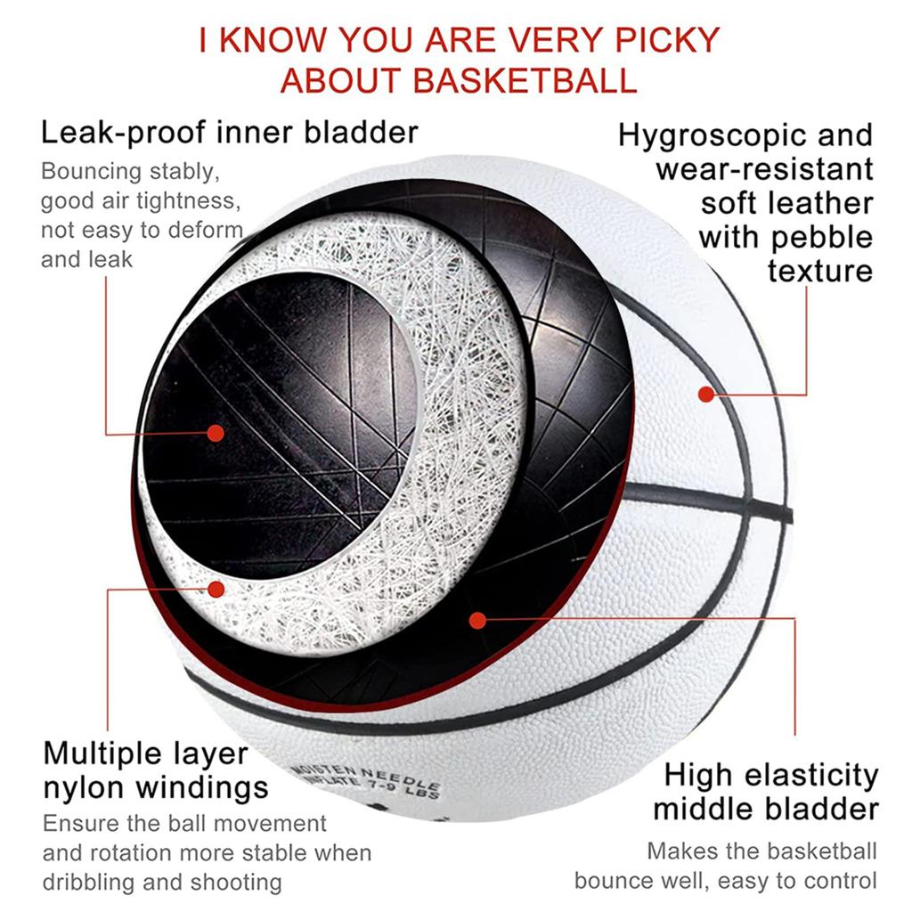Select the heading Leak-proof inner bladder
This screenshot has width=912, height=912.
tap(230, 133)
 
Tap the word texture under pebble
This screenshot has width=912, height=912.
tap(819, 271)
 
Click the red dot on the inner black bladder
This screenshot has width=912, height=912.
tap(215, 433)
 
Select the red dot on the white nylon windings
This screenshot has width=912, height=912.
tap(215, 588)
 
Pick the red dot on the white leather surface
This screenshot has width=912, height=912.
tap(706, 393)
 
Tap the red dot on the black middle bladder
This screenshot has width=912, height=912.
tap(478, 619)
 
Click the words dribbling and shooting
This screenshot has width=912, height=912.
tap(162, 883)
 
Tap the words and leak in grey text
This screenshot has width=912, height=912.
tap(86, 259)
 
